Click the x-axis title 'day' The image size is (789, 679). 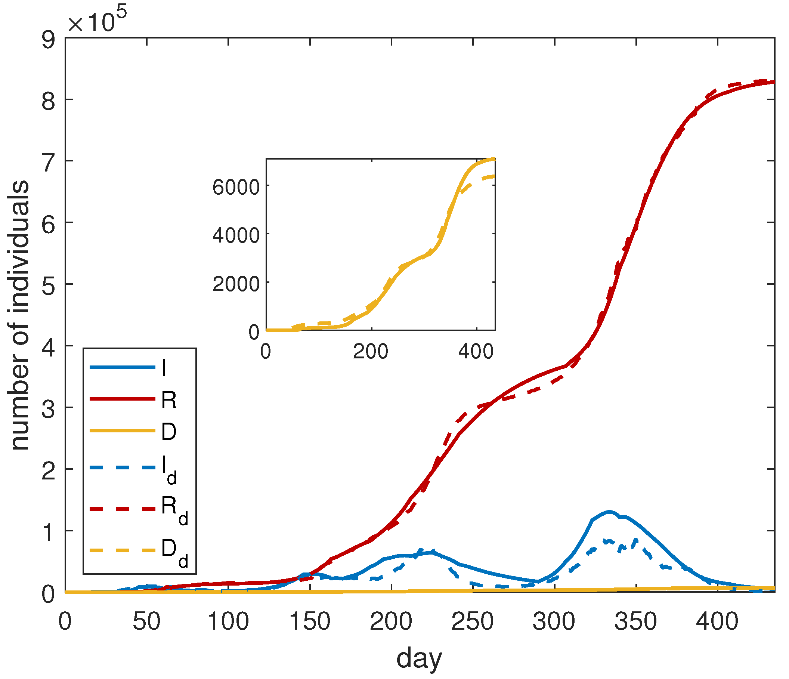tap(419, 658)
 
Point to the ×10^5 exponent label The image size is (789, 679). tap(97, 20)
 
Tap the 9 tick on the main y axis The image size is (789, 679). tap(48, 40)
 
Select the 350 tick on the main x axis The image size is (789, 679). tap(635, 622)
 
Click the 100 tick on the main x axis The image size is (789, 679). tap(228, 622)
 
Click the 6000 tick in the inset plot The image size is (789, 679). tap(236, 187)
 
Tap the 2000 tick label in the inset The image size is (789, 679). tap(236, 284)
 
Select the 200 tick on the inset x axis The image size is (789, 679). tap(371, 352)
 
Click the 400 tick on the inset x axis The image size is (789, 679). tap(476, 352)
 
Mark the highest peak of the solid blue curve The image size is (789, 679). tap(609, 512)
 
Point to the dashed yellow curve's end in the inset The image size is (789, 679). tap(494, 176)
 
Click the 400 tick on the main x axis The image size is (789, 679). tap(717, 622)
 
